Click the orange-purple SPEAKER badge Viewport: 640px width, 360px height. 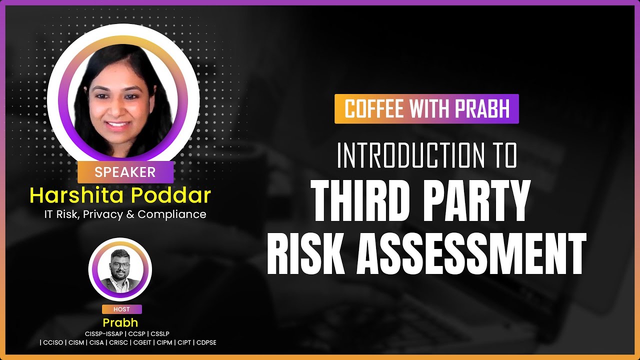[125, 172]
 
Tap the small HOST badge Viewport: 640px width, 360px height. [121, 309]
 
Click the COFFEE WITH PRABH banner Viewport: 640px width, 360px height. [426, 109]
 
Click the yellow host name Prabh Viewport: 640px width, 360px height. [120, 322]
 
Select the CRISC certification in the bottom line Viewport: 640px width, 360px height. [117, 342]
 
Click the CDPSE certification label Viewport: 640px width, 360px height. [206, 342]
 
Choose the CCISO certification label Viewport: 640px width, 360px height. [52, 342]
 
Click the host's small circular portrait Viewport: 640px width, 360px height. [120, 270]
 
